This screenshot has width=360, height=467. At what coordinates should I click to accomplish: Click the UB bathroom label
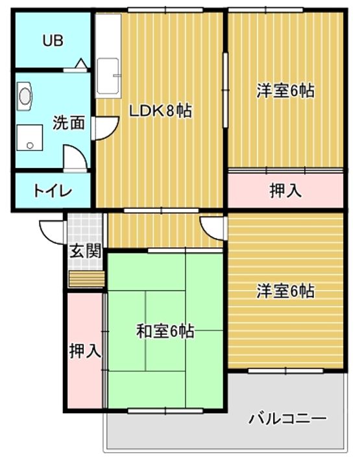53,41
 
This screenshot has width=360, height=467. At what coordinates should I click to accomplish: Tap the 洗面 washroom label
68,122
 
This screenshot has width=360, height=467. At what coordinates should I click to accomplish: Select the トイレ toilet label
53,191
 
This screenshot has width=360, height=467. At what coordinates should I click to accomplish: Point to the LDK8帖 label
160,111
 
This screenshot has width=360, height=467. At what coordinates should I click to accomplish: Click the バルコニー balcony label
287,418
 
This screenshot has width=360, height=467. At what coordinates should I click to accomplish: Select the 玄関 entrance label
86,251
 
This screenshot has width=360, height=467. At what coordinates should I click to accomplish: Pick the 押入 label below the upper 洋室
285,191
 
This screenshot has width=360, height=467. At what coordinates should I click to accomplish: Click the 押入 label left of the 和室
85,351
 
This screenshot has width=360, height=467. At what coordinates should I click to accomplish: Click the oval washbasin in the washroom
25,95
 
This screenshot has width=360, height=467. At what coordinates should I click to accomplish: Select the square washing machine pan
28,138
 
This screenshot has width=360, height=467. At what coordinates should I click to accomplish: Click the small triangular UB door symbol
81,64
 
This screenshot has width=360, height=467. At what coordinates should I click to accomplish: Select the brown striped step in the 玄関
86,278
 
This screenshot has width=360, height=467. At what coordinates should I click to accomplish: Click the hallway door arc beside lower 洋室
212,226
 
